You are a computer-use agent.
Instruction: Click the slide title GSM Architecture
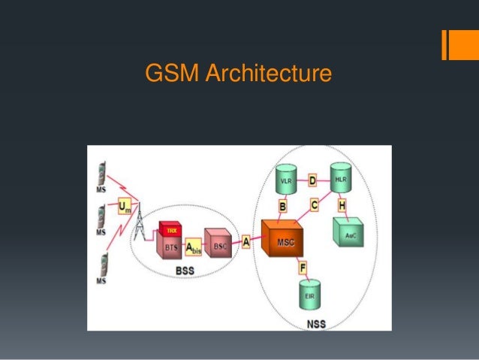click(x=239, y=75)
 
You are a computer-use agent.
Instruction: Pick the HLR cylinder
click(x=341, y=180)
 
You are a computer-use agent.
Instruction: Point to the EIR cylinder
click(x=309, y=295)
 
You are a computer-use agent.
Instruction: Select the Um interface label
click(x=125, y=206)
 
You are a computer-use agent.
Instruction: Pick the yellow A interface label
click(x=246, y=242)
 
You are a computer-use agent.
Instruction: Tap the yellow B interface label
click(x=283, y=206)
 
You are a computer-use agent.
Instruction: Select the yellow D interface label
click(x=313, y=180)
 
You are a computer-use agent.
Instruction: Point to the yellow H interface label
click(x=342, y=205)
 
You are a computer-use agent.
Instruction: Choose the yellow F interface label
click(x=302, y=267)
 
